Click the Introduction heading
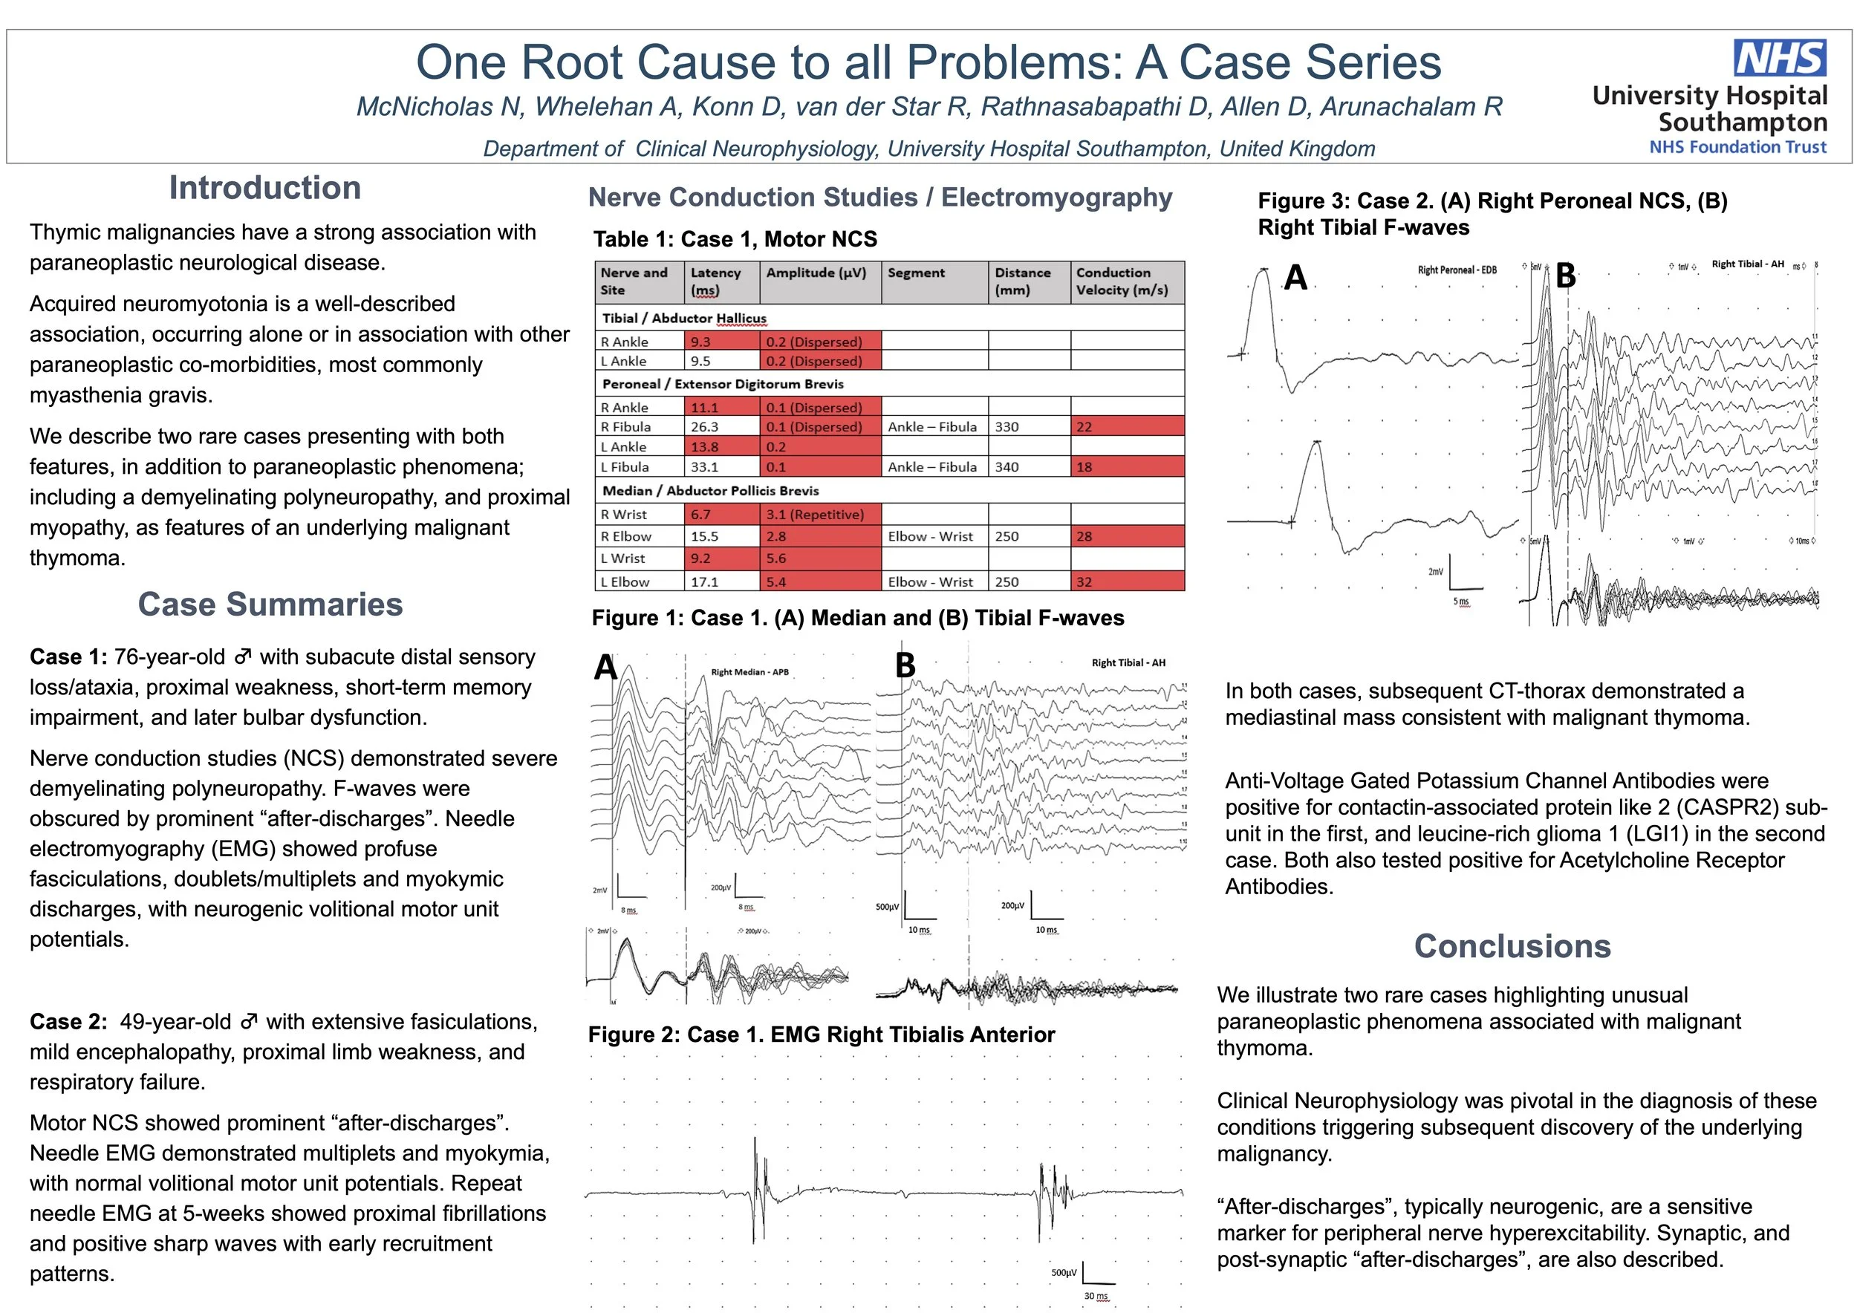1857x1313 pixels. tap(264, 188)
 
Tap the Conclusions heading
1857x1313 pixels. tap(1512, 946)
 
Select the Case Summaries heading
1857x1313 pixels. tap(270, 604)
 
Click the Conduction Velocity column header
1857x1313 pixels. tap(1122, 281)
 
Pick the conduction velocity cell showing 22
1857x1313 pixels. tap(1084, 427)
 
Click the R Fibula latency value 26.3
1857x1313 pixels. tap(704, 427)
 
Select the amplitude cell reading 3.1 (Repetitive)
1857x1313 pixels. tap(814, 514)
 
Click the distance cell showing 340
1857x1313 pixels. tap(1007, 466)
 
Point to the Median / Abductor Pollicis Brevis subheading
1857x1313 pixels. tap(710, 491)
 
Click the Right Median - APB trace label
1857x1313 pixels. tap(749, 672)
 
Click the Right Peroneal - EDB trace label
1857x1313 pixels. tap(1457, 270)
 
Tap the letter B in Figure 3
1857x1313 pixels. tap(1566, 276)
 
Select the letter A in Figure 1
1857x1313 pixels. tap(605, 668)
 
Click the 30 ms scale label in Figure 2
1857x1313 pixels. tap(1096, 1296)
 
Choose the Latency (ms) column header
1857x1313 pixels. tap(716, 281)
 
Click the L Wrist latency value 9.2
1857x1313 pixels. tap(700, 558)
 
